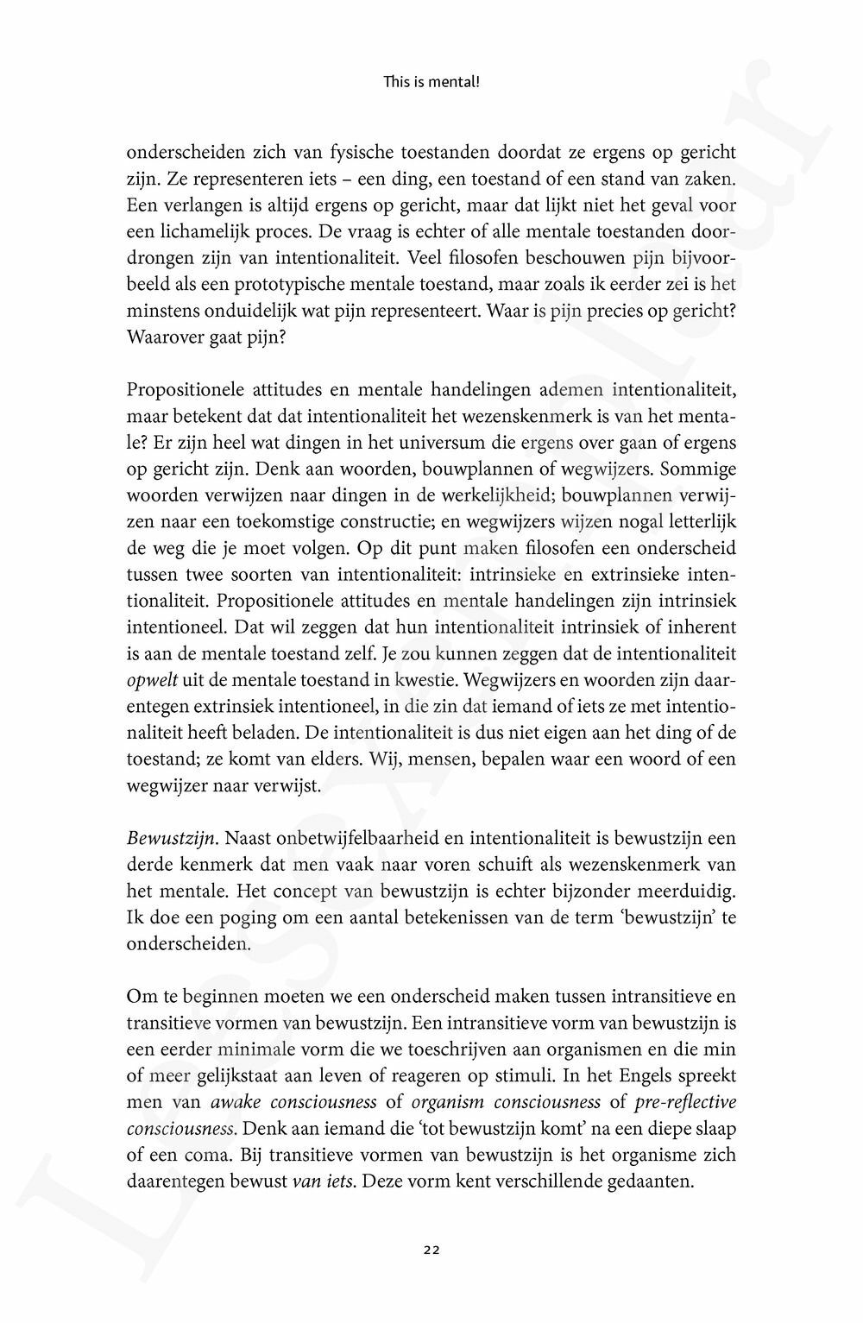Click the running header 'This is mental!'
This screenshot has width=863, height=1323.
click(x=431, y=84)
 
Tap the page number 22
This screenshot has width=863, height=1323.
click(x=431, y=1250)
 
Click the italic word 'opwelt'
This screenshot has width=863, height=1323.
click(x=148, y=680)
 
